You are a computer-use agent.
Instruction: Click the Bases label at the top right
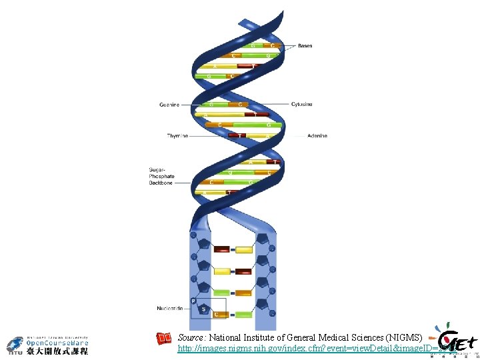pyautogui.click(x=305, y=46)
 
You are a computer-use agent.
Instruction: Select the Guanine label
pyautogui.click(x=169, y=105)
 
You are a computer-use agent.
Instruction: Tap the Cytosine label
pyautogui.click(x=301, y=105)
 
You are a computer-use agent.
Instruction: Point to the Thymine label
pyautogui.click(x=177, y=136)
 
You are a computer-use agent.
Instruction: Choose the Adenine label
pyautogui.click(x=317, y=136)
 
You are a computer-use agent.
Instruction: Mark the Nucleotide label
pyautogui.click(x=170, y=309)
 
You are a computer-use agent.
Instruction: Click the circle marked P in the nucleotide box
pyautogui.click(x=193, y=301)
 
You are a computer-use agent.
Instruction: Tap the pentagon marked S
pyautogui.click(x=204, y=309)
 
